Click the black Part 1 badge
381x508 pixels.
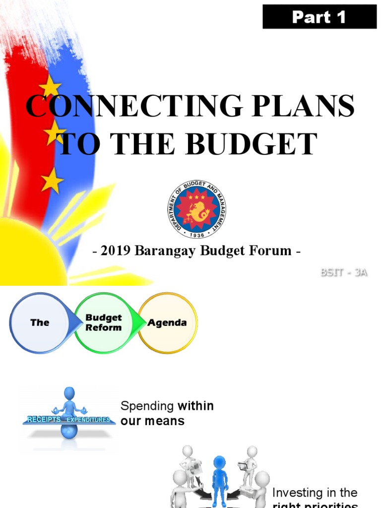point(319,17)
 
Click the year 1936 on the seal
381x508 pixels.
point(196,234)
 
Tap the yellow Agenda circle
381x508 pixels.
point(167,322)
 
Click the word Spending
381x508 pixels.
point(148,406)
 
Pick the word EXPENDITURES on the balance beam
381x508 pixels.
point(90,420)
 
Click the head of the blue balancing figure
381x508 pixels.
point(69,393)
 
